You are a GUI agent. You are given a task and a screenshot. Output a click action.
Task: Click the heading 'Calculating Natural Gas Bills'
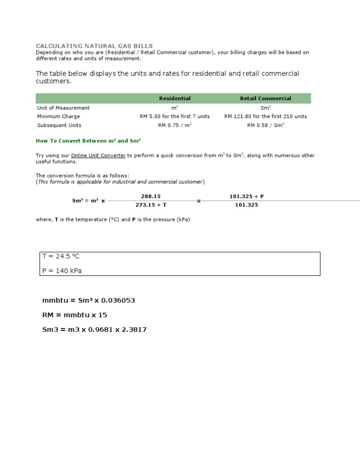click(x=94, y=46)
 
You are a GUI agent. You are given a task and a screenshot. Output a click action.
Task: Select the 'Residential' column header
click(x=175, y=98)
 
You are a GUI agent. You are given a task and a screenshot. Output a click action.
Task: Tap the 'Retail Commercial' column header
click(x=265, y=98)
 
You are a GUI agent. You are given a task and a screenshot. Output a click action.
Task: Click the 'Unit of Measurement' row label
click(x=63, y=108)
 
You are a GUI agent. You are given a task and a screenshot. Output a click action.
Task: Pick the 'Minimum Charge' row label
click(x=59, y=116)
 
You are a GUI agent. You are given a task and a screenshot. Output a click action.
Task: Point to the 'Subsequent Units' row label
click(x=59, y=125)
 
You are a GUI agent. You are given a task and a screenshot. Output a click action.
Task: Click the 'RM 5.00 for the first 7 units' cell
click(x=175, y=116)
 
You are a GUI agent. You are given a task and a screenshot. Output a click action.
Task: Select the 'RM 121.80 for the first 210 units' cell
click(x=265, y=116)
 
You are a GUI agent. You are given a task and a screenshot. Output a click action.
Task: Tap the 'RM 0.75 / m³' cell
click(x=175, y=125)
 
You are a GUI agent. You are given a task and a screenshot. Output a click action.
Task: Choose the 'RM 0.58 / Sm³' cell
click(x=265, y=125)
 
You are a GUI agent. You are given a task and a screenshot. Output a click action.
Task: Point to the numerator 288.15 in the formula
click(x=148, y=196)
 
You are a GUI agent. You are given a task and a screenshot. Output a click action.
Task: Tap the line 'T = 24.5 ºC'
click(x=64, y=256)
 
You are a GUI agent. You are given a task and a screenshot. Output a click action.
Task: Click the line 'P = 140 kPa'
click(x=62, y=271)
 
